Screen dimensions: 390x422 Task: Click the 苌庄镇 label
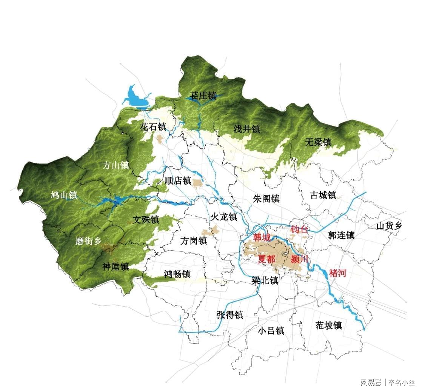[x=203, y=96]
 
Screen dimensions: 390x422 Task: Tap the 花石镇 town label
[x=153, y=126]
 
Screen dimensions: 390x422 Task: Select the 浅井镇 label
[x=247, y=129]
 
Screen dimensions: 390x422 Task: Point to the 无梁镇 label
[x=318, y=142]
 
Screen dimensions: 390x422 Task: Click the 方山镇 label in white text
[x=116, y=165]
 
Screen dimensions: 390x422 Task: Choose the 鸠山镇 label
[x=64, y=195]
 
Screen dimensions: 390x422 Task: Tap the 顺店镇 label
[x=178, y=181]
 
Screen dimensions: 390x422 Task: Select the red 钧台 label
[x=300, y=229]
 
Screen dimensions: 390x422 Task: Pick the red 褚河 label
[x=338, y=273]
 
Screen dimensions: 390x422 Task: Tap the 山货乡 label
[x=389, y=226]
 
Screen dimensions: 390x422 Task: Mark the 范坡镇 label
[x=328, y=325]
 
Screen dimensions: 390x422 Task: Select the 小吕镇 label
[x=271, y=331]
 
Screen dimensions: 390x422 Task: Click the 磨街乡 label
[x=88, y=241]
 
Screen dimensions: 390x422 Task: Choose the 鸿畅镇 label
[x=177, y=274]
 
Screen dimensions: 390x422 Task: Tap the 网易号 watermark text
[x=370, y=382]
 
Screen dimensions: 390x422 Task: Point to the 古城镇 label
[x=323, y=195]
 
